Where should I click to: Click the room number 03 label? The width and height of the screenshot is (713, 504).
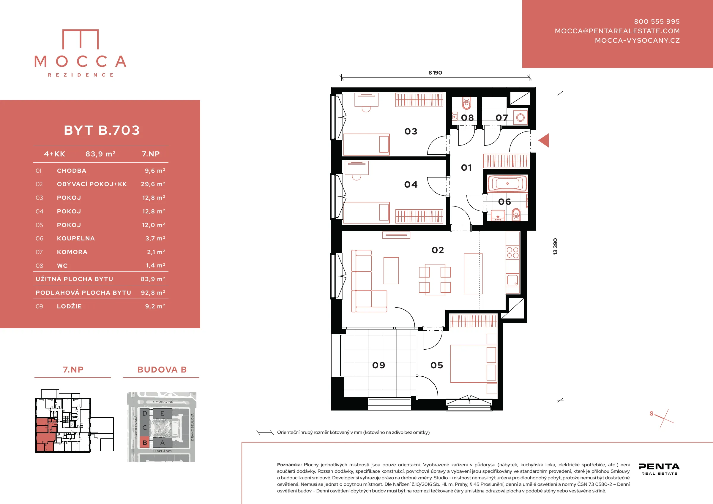click(411, 131)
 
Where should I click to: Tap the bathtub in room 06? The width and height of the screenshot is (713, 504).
click(507, 183)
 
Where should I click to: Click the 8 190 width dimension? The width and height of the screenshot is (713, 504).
click(435, 73)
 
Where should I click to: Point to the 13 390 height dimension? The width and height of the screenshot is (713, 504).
click(555, 246)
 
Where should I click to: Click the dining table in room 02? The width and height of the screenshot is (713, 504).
click(435, 279)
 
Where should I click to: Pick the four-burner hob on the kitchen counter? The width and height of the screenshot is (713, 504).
click(512, 252)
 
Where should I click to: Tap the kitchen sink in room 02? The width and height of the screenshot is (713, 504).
click(513, 280)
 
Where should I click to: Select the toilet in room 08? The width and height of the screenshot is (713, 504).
click(466, 103)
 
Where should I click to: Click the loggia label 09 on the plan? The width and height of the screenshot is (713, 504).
click(378, 365)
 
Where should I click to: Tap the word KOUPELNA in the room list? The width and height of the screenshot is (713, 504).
click(76, 238)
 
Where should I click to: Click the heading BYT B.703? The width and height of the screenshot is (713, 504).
click(102, 130)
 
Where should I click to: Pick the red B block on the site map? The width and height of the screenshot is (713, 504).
click(144, 443)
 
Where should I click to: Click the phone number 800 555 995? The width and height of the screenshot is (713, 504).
click(657, 21)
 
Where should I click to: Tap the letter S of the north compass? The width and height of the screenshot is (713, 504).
click(652, 413)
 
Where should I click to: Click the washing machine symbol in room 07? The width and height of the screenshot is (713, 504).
click(520, 118)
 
